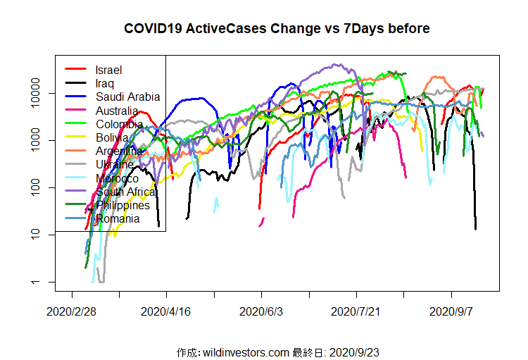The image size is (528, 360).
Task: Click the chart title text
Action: point(277,29)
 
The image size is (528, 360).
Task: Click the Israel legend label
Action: point(109,70)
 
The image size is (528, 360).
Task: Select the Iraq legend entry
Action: point(106,83)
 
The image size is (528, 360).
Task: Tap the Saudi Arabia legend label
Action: point(128,97)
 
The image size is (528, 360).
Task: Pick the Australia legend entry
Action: point(117,111)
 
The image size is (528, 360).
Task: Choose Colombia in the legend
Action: point(119,124)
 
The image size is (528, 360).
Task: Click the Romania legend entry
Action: point(118,218)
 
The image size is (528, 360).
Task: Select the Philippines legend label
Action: point(123,205)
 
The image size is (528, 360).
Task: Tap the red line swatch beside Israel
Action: point(76,70)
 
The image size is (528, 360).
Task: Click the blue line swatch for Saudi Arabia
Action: point(76,97)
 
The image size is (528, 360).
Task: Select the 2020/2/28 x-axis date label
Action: point(72,311)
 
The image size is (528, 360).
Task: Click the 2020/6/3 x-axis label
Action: point(261,311)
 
